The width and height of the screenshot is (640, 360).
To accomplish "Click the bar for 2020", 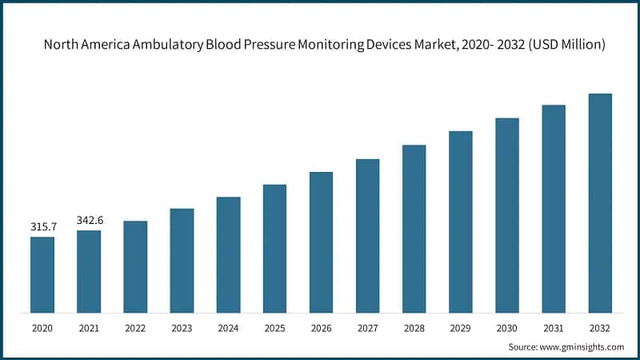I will coord(42,274).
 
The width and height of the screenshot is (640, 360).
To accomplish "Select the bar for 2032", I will coord(600,203).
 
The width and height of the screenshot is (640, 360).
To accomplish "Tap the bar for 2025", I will coord(274,249).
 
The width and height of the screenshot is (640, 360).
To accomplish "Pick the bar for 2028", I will coord(414,229).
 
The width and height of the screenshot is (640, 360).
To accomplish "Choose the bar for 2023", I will coord(182,261).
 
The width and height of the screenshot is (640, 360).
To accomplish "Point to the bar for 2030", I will coord(507,215).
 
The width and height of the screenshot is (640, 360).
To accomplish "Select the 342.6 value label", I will coord(90,220).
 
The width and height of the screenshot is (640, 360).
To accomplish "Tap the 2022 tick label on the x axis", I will coord(135,328).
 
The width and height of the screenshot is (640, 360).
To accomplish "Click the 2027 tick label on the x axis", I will coord(367,328).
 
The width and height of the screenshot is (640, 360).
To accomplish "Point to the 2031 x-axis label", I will coord(554,328).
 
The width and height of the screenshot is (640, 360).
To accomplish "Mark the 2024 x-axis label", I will coord(228,328).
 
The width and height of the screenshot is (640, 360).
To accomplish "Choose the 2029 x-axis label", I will coord(460,328).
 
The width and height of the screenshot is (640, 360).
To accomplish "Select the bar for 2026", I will coord(321,242).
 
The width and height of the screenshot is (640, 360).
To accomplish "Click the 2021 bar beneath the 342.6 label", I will coord(89,272).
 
